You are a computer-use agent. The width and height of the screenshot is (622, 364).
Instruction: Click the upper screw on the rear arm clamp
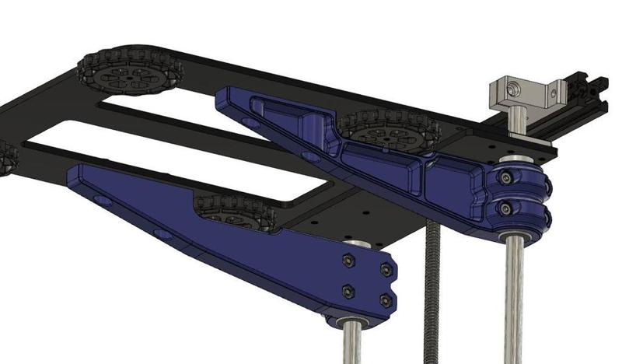pyautogui.click(x=507, y=179)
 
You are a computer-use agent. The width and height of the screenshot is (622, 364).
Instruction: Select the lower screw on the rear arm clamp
pyautogui.click(x=507, y=208)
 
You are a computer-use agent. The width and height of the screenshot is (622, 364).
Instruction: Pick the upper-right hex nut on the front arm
pyautogui.click(x=386, y=269)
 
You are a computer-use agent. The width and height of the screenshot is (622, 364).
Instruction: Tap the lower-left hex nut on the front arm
pyautogui.click(x=348, y=292)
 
